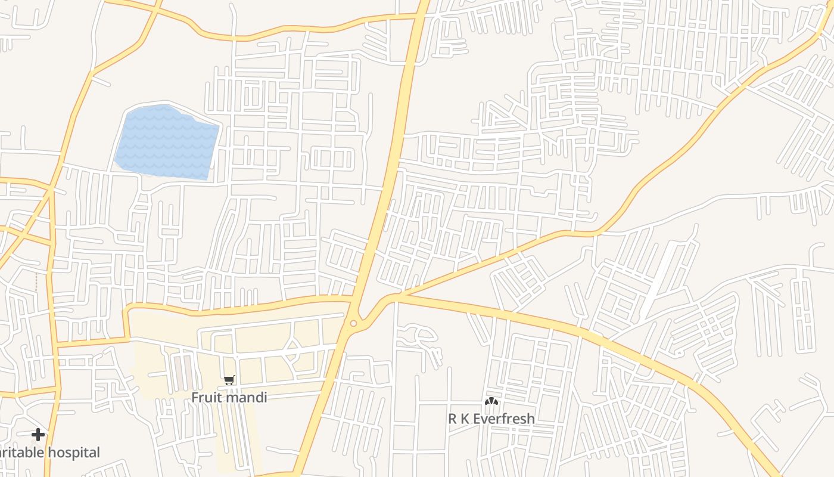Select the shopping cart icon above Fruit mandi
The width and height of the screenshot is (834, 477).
229,380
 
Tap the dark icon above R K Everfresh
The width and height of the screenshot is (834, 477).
491,401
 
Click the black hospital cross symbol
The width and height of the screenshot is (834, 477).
38,435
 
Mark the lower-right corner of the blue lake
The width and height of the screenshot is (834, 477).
207,178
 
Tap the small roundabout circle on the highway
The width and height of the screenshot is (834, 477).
353,324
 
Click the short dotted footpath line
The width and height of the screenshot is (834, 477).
36,283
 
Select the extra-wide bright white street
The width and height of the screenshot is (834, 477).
659,280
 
